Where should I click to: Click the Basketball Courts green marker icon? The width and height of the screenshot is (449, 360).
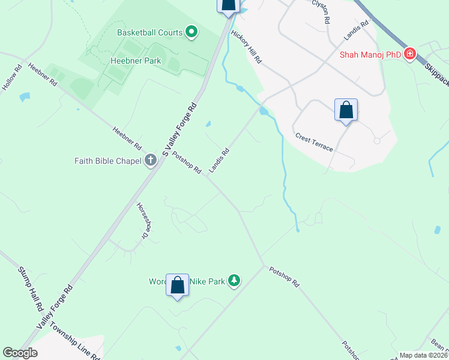tap(191, 32)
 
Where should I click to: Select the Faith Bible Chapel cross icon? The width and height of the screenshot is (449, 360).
tap(150, 160)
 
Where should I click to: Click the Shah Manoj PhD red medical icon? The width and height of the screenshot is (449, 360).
tap(410, 55)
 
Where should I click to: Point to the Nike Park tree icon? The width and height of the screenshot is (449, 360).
tap(234, 281)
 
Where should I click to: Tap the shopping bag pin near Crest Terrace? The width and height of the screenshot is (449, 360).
tap(346, 110)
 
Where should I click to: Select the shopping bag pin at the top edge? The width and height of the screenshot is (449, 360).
tap(228, 5)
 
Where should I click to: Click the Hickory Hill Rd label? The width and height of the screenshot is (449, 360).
tap(247, 47)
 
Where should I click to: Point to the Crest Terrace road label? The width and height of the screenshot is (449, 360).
tap(313, 142)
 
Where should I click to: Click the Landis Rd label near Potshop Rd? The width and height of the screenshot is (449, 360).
tap(219, 160)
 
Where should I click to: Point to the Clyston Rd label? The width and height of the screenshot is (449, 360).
tap(321, 11)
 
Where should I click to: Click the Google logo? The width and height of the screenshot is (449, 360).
tap(20, 353)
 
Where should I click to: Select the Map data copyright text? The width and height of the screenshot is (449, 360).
tap(423, 355)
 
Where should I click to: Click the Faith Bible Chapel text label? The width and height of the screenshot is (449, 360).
tap(107, 161)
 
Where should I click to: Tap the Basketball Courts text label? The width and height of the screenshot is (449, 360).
tap(149, 32)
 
